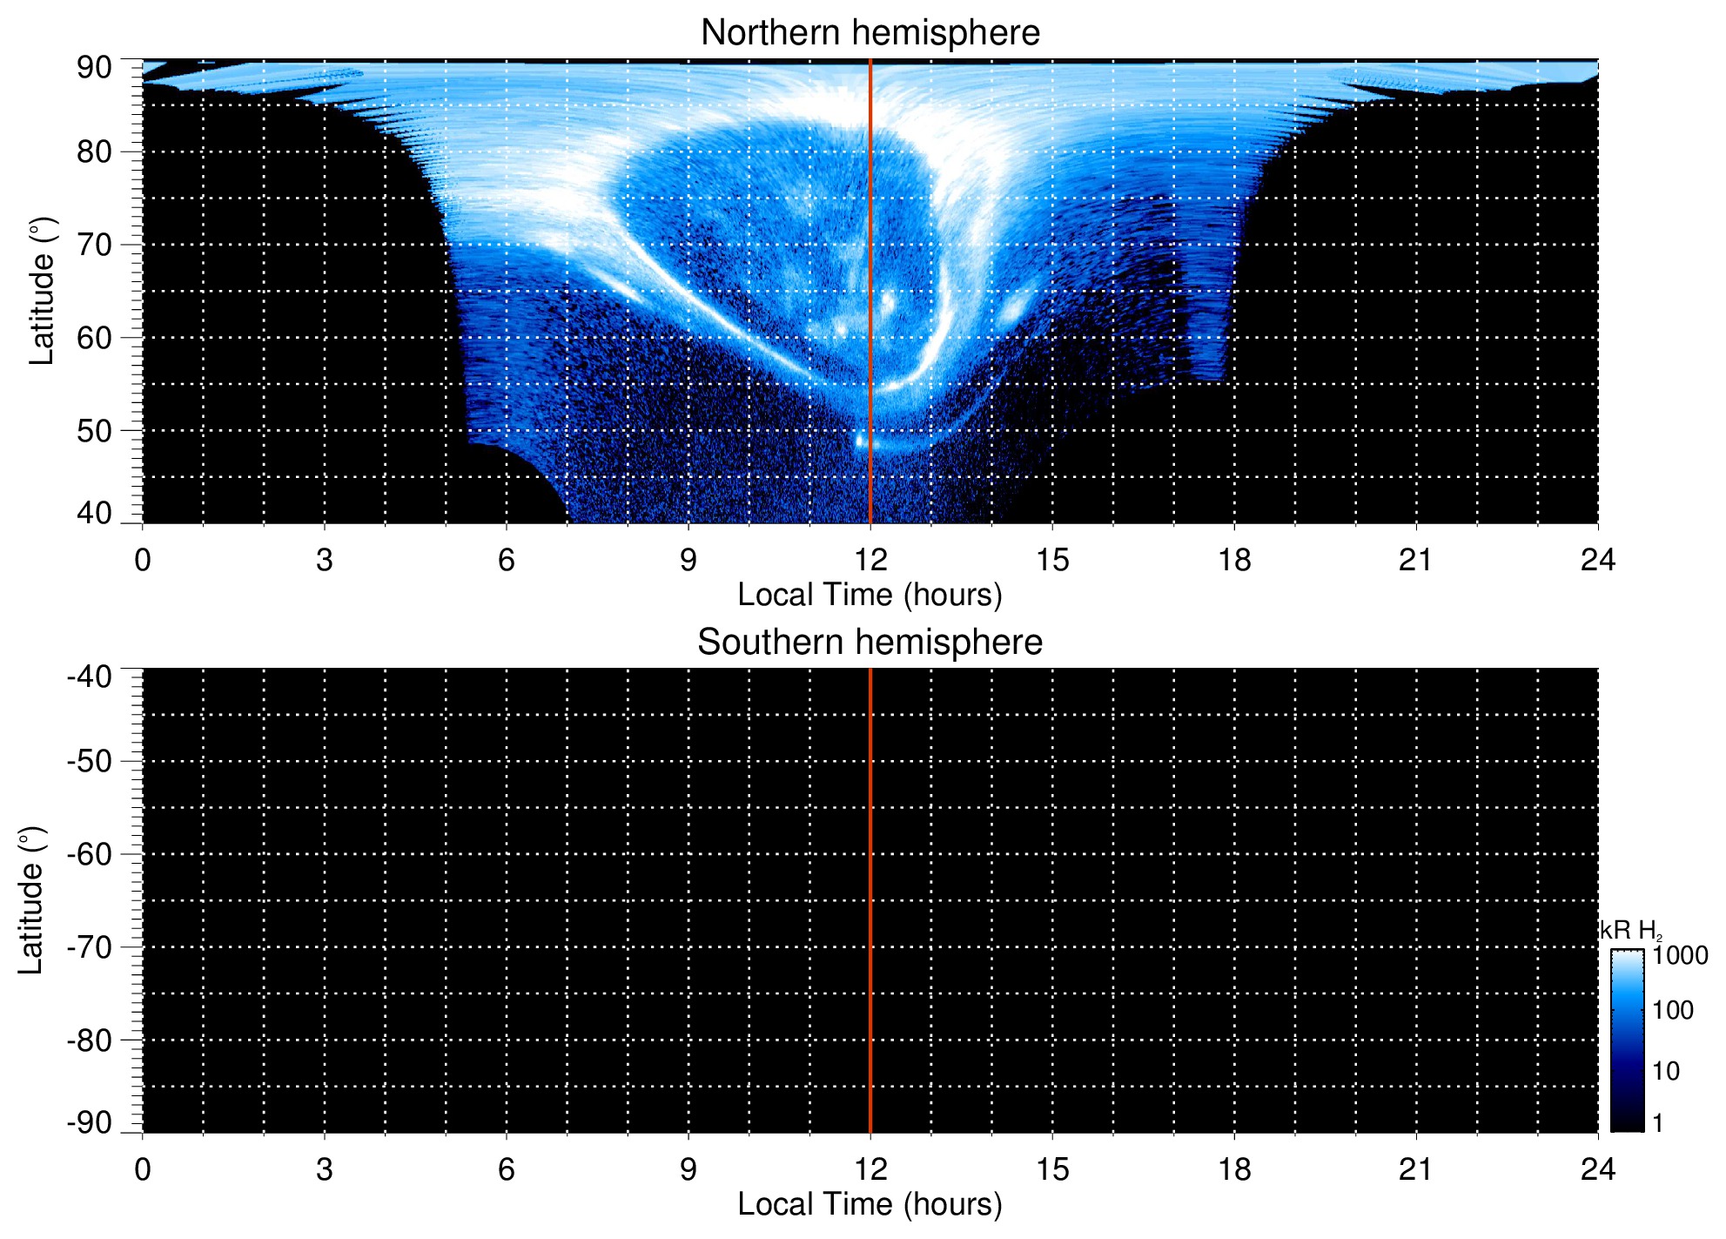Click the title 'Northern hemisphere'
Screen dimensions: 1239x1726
pos(870,33)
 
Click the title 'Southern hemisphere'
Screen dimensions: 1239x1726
pos(870,643)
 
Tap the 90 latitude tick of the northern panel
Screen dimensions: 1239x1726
pos(94,68)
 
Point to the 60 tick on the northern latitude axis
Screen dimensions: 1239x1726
pos(94,338)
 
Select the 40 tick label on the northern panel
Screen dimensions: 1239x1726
pos(94,513)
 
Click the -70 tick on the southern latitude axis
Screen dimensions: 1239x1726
pos(90,947)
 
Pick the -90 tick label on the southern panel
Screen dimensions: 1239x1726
pos(90,1122)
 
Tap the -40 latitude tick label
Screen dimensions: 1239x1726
pos(90,677)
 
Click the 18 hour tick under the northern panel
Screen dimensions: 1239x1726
pos(1233,560)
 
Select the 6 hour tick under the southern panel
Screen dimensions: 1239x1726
pos(507,1169)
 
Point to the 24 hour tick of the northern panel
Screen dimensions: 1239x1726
pos(1597,560)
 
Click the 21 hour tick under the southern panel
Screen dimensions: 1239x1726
pos(1415,1169)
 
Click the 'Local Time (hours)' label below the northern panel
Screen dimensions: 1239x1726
pos(870,595)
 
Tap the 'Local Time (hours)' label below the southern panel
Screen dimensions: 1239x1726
pos(870,1204)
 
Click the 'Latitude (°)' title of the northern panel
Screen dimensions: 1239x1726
pos(42,291)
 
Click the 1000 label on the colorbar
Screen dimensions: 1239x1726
pos(1680,956)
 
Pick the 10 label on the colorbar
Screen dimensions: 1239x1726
pos(1666,1071)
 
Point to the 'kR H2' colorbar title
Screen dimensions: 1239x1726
pos(1630,931)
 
